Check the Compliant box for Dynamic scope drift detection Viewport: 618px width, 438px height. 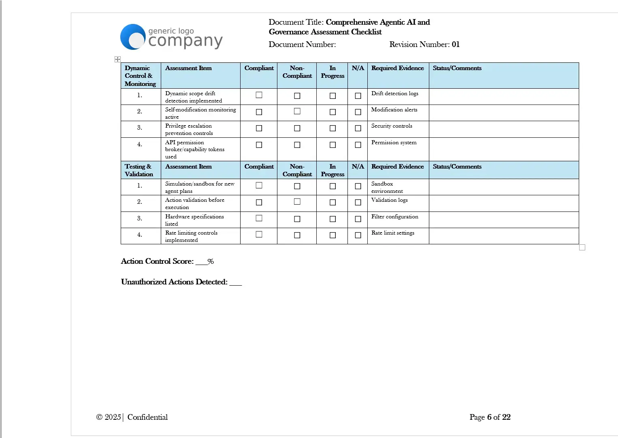click(259, 95)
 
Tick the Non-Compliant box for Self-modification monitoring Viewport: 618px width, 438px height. click(297, 111)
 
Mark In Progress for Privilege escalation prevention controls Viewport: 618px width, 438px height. click(332, 128)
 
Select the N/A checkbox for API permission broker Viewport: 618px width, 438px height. click(358, 145)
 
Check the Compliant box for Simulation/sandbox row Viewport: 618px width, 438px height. click(259, 186)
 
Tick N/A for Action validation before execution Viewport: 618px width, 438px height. click(358, 203)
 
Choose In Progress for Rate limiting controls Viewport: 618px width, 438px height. click(332, 235)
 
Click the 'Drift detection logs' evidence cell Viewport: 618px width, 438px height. click(394, 94)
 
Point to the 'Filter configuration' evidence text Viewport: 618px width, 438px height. click(394, 217)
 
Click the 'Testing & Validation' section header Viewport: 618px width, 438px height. click(139, 170)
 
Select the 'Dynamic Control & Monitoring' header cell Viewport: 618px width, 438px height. click(140, 76)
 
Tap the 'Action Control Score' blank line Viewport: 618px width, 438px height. click(201, 262)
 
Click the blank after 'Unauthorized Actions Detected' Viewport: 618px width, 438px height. click(235, 283)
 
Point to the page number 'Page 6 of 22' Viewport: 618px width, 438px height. click(490, 417)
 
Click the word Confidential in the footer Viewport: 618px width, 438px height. click(147, 417)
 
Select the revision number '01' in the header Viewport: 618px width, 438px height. click(456, 45)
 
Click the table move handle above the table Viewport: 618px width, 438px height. click(117, 60)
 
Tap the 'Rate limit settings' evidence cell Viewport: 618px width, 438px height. click(392, 233)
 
